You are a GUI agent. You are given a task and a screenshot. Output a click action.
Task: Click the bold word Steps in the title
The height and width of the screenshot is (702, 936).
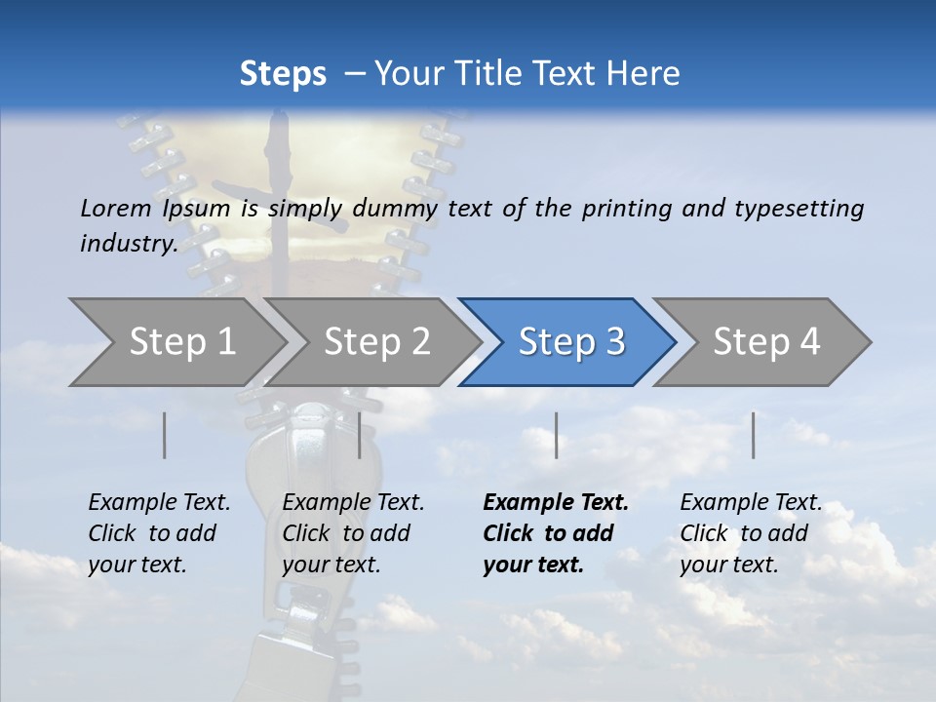[283, 73]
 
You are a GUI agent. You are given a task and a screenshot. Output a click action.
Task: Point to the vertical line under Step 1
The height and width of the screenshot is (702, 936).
[165, 435]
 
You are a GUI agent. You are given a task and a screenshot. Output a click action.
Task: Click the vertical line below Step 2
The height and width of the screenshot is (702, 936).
[360, 435]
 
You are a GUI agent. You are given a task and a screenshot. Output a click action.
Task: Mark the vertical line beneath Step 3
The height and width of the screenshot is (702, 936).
[556, 435]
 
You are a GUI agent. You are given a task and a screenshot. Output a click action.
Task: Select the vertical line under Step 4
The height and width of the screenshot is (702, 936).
[753, 435]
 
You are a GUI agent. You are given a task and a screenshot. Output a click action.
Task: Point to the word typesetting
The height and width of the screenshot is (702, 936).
[799, 209]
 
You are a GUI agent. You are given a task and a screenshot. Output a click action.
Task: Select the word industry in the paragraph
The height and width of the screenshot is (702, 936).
[128, 244]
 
